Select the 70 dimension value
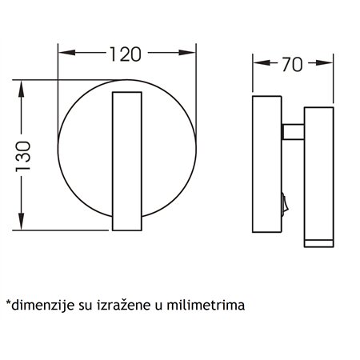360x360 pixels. pos(293,65)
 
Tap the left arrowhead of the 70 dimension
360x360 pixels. pos(258,65)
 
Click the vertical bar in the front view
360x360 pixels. pos(126,164)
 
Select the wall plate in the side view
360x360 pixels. pos(267,164)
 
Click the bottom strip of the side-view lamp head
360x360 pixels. pos(318,241)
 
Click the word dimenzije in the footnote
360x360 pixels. pos(39,305)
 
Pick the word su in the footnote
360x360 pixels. pos(82,305)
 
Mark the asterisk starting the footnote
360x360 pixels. pos(8,303)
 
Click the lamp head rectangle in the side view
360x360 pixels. pos(318,172)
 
